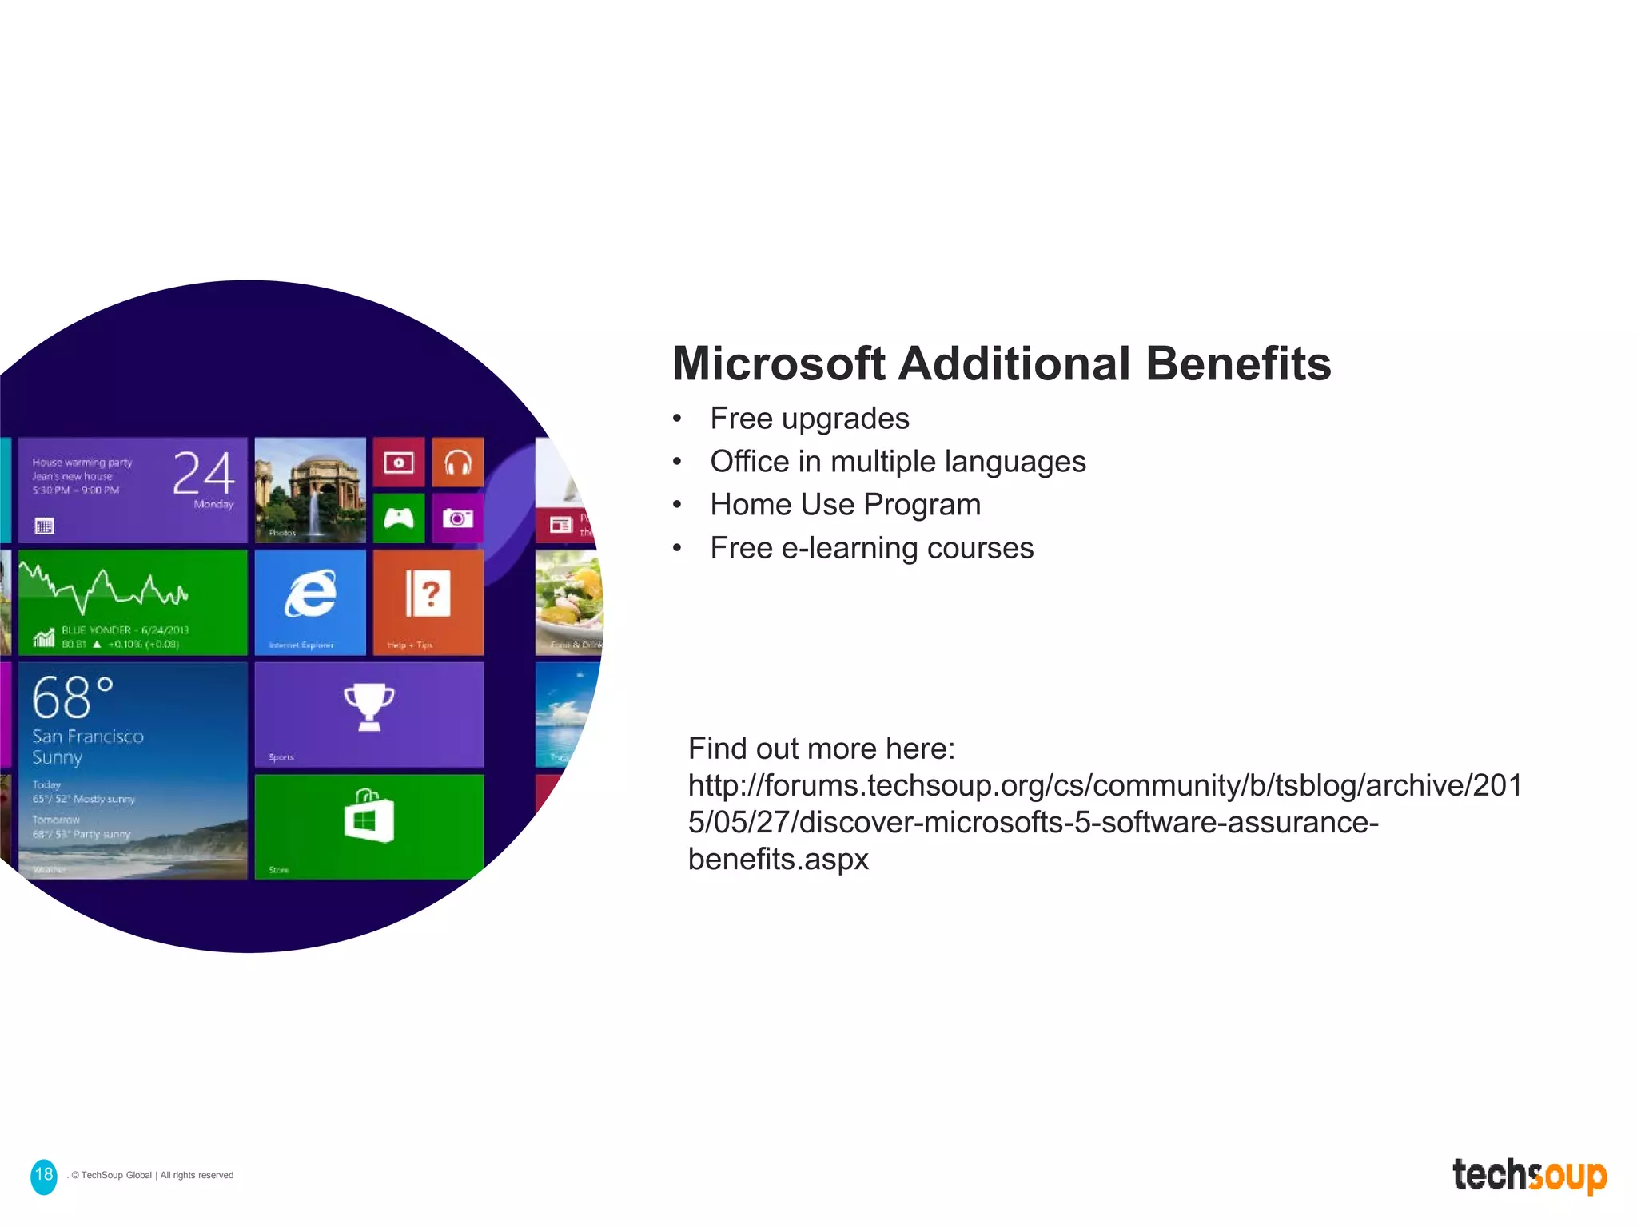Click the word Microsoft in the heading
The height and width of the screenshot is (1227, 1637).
(779, 364)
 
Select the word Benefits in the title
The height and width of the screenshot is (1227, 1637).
(1238, 364)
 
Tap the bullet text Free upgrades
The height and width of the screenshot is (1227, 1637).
(809, 419)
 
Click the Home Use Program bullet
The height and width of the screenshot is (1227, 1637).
(845, 505)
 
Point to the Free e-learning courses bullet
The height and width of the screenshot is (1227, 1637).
(871, 548)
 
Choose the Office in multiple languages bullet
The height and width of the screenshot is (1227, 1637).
(898, 462)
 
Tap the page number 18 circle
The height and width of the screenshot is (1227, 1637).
(44, 1176)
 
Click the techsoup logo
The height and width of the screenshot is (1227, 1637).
(1528, 1176)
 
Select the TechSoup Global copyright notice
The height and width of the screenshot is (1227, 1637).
(152, 1176)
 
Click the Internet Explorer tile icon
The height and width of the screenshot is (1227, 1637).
(310, 594)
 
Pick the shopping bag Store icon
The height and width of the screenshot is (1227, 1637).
(368, 816)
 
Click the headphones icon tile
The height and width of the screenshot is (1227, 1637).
(458, 463)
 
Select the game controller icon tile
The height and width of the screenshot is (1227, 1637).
(398, 519)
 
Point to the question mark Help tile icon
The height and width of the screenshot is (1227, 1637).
(428, 594)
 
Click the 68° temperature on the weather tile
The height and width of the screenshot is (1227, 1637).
(72, 697)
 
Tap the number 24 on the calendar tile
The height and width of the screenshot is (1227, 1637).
(204, 473)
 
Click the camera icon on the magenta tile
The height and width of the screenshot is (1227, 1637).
(458, 519)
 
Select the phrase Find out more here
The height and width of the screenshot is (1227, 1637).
(821, 749)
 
